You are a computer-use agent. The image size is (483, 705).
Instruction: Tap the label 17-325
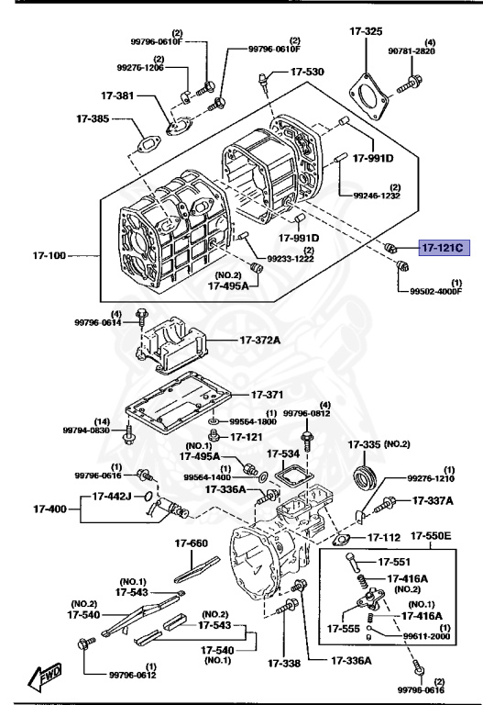point(366,31)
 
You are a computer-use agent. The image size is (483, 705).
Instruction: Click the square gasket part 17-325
point(368,96)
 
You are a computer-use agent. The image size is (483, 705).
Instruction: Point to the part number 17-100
point(49,255)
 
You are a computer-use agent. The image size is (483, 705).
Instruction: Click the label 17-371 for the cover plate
point(267,395)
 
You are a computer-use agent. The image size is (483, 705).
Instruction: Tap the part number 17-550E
point(431,535)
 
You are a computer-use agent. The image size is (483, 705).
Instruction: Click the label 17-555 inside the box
point(344,629)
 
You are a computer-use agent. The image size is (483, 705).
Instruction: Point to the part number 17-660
point(192,543)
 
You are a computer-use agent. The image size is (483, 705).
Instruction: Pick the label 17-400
point(49,509)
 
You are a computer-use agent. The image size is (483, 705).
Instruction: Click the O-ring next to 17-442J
point(146,497)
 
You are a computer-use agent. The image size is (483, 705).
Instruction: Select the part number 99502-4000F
point(436,291)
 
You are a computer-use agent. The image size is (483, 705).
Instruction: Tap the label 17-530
point(307,72)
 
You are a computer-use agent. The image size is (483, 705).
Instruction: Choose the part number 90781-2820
point(412,51)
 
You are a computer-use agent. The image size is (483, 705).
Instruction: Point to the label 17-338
point(284,663)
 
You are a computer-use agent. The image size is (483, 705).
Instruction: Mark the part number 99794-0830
point(86,431)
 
